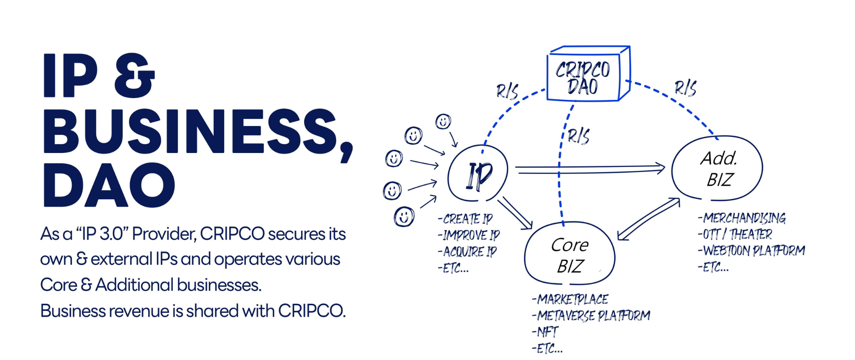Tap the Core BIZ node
click(570, 255)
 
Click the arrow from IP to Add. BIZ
click(589, 170)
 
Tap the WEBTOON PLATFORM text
click(751, 251)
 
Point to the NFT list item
click(545, 332)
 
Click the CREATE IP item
click(465, 219)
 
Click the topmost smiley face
click(443, 121)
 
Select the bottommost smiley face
click(404, 217)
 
